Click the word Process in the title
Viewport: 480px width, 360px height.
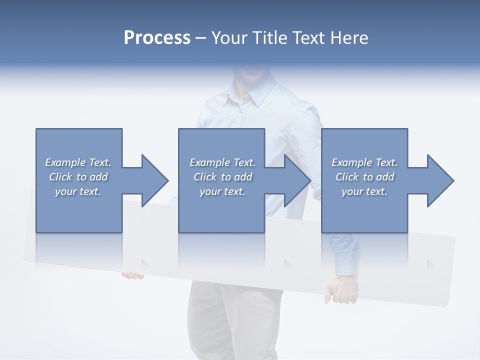click(157, 38)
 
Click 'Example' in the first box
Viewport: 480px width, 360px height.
click(65, 162)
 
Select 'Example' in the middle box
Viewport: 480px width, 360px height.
click(209, 162)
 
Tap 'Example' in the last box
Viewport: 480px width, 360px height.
click(351, 162)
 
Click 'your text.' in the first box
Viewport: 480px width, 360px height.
click(78, 191)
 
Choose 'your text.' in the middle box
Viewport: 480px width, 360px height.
click(222, 191)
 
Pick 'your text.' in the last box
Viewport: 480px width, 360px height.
click(364, 191)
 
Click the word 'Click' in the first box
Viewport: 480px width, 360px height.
click(60, 177)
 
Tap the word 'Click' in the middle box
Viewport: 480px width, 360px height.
click(204, 177)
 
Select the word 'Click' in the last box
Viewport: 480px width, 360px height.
click(347, 177)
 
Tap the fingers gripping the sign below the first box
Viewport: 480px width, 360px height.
click(132, 275)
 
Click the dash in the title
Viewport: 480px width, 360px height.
click(201, 38)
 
